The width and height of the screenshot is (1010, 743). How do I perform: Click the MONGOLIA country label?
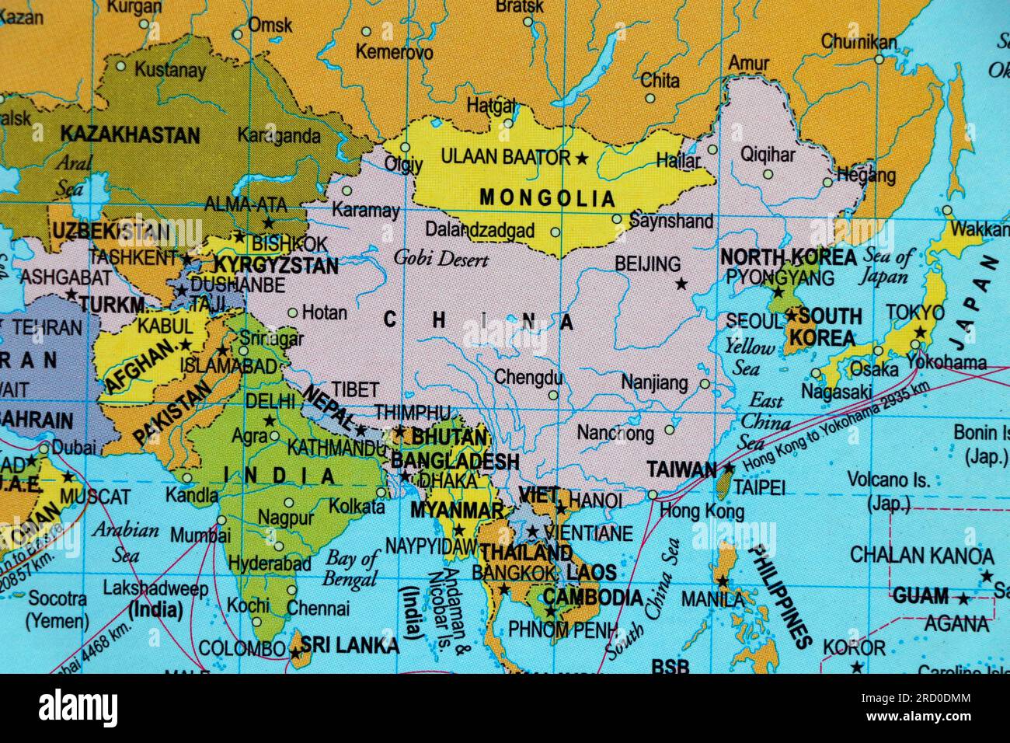[x=547, y=197]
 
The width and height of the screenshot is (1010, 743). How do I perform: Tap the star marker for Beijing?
[x=681, y=284]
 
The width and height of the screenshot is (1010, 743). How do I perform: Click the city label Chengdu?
[x=528, y=378]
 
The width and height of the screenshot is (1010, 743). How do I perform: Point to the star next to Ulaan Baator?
[x=582, y=159]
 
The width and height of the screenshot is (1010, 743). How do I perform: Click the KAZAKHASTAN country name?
[x=130, y=134]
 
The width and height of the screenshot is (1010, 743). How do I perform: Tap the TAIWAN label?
[x=681, y=469]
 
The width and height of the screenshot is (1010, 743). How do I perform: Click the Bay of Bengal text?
[x=350, y=567]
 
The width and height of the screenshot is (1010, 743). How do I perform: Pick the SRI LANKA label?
[x=350, y=645]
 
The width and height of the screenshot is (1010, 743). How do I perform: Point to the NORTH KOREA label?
[x=788, y=257]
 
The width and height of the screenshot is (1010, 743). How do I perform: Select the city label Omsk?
[x=270, y=25]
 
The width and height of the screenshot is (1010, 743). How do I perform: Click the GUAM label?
[x=920, y=597]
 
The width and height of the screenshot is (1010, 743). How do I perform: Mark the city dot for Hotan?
[x=292, y=313]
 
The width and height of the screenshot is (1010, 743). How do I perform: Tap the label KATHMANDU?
[x=336, y=448]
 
